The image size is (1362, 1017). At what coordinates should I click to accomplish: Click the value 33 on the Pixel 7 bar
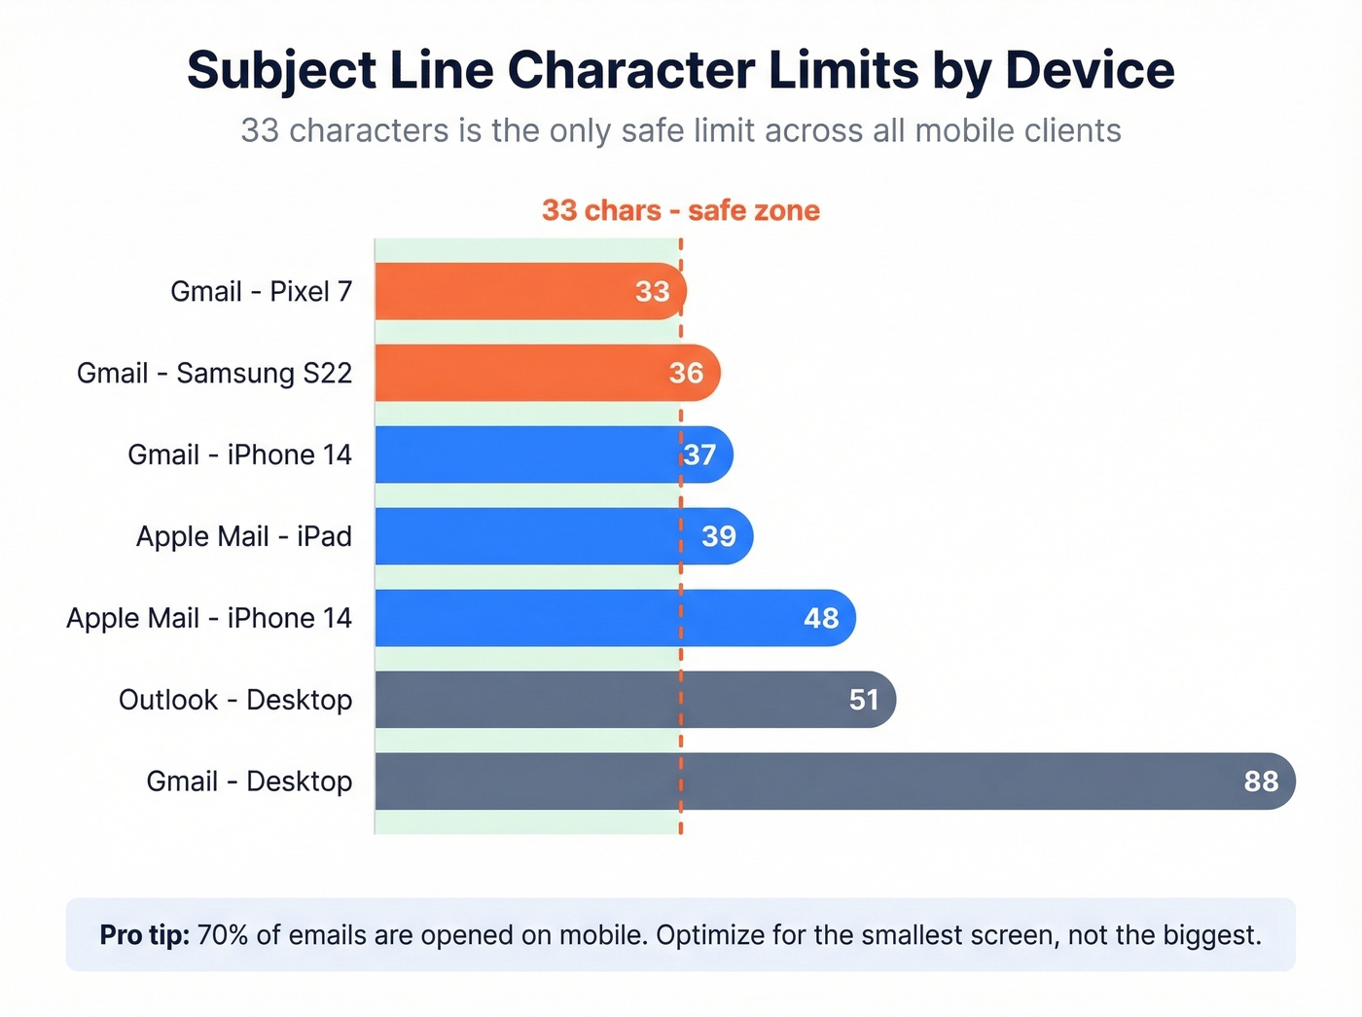click(652, 291)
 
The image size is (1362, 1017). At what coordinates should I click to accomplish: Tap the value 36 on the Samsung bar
click(686, 373)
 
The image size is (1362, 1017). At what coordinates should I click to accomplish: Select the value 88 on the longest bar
click(1261, 781)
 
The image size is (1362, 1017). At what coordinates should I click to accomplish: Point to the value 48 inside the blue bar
click(821, 618)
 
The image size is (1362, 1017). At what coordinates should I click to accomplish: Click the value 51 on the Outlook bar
click(864, 700)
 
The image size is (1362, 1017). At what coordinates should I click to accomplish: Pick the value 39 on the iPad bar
click(719, 536)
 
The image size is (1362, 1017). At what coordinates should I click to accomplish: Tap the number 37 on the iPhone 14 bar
click(699, 454)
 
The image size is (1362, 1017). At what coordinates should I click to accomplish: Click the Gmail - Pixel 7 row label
click(261, 291)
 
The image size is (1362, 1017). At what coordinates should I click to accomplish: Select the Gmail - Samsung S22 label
click(214, 373)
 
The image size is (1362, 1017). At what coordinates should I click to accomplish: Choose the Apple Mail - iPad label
click(243, 536)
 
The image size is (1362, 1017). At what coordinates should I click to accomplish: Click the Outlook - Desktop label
click(235, 700)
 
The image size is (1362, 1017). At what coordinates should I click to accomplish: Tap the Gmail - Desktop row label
click(249, 781)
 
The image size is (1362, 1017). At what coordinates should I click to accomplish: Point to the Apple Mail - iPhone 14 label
click(208, 618)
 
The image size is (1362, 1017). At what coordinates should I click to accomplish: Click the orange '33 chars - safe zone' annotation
click(680, 210)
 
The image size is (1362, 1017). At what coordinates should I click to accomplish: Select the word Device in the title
click(1090, 70)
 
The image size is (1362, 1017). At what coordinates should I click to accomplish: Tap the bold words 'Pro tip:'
click(144, 935)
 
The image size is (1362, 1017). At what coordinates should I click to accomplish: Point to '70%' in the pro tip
click(223, 935)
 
